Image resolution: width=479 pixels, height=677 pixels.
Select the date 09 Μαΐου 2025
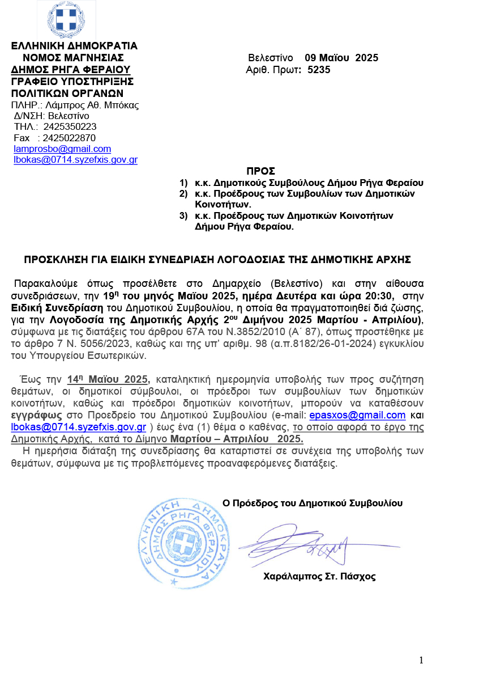(341, 58)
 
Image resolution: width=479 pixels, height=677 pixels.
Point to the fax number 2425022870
(69, 138)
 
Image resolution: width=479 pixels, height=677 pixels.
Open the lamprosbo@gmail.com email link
(62, 149)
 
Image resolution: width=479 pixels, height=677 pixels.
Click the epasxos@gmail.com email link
(359, 415)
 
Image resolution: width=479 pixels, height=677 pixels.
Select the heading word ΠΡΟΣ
(260, 171)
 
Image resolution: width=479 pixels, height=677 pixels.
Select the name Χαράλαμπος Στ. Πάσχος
(319, 577)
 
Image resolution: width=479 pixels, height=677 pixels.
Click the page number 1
(421, 660)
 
